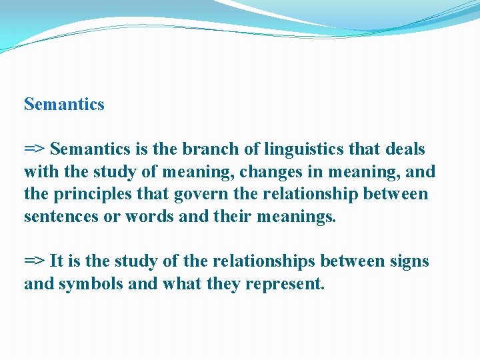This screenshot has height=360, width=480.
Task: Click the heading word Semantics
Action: (64, 105)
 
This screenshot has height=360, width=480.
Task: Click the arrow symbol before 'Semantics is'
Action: (34, 149)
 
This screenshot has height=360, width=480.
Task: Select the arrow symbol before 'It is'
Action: (34, 261)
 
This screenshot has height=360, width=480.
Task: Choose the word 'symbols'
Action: (85, 284)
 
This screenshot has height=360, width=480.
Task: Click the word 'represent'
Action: (285, 284)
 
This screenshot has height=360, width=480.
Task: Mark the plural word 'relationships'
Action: (257, 261)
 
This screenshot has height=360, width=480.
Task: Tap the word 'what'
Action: (181, 284)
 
